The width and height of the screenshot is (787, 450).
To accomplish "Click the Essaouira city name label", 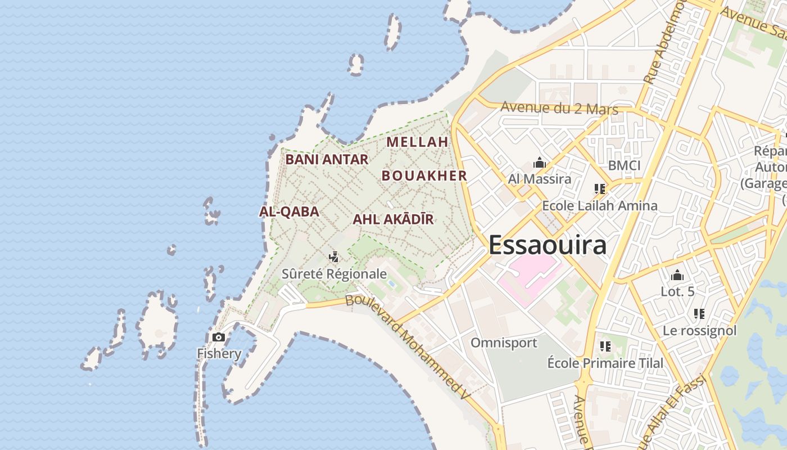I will pyautogui.click(x=547, y=245).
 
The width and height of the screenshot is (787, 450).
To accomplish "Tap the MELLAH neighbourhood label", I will pyautogui.click(x=418, y=142).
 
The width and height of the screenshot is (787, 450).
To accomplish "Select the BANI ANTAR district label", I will pyautogui.click(x=327, y=159).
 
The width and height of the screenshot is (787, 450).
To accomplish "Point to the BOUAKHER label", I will pyautogui.click(x=424, y=175).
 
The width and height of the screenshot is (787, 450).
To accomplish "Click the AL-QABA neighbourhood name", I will pyautogui.click(x=289, y=211).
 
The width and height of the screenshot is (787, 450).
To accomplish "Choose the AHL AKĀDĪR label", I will pyautogui.click(x=393, y=219).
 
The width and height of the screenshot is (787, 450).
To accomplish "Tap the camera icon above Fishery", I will pyautogui.click(x=218, y=337).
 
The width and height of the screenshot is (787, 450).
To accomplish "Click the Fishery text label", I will pyautogui.click(x=219, y=354).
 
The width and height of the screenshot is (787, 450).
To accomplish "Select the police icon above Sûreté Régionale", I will pyautogui.click(x=334, y=257).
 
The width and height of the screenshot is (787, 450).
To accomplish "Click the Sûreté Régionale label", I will pyautogui.click(x=334, y=274).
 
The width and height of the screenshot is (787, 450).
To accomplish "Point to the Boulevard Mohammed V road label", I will pyautogui.click(x=408, y=347).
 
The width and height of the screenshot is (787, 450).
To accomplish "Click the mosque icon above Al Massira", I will pyautogui.click(x=540, y=163).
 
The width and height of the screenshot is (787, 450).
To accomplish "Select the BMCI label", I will pyautogui.click(x=624, y=165).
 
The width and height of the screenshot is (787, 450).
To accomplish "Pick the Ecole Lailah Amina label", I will pyautogui.click(x=599, y=205).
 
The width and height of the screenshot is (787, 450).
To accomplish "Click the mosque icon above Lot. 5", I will pyautogui.click(x=677, y=275).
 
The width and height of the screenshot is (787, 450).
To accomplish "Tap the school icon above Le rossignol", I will pyautogui.click(x=699, y=313).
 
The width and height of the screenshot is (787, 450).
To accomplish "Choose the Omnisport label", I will pyautogui.click(x=504, y=343).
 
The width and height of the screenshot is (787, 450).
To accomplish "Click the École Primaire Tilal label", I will pyautogui.click(x=605, y=363).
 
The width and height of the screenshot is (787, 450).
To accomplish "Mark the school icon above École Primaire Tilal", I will pyautogui.click(x=605, y=346).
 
